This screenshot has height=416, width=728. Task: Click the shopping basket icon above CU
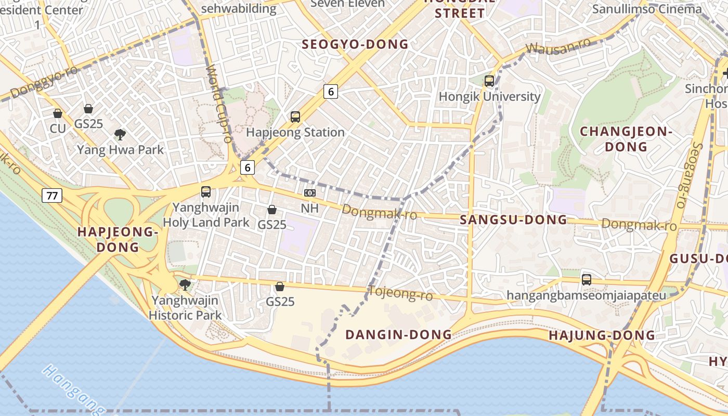click(x=58, y=113)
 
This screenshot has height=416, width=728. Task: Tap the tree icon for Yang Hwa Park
click(x=120, y=135)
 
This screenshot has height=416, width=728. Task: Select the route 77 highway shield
click(x=53, y=196)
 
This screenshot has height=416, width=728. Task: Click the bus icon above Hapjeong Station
click(x=295, y=117)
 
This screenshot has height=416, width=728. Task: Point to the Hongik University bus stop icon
click(x=489, y=81)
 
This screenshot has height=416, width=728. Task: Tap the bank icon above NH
click(x=310, y=193)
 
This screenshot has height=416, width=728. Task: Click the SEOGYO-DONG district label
click(x=355, y=45)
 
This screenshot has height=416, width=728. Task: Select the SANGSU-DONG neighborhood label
click(x=513, y=220)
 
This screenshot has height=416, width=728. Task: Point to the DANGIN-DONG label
click(x=398, y=334)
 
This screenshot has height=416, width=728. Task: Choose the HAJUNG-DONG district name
click(x=602, y=335)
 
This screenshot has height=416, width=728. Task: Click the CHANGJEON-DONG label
click(x=626, y=139)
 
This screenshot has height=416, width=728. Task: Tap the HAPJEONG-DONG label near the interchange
click(x=118, y=239)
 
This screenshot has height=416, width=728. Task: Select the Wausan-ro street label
click(x=558, y=46)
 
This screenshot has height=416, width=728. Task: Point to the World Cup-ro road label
click(x=219, y=104)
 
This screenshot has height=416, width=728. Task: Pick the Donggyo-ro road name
click(x=44, y=82)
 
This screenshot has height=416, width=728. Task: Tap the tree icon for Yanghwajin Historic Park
click(x=185, y=284)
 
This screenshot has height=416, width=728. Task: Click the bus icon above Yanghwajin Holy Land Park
click(x=206, y=192)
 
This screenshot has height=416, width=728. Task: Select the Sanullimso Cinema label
click(x=647, y=9)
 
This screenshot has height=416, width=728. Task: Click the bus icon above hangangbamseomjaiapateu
click(x=587, y=279)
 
